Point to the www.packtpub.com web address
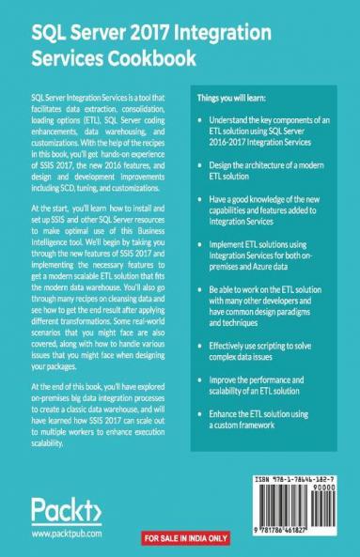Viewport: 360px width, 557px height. coord(65,533)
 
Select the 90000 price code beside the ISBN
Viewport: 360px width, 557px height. coord(336,489)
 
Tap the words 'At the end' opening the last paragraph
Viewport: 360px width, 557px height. coord(52,385)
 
